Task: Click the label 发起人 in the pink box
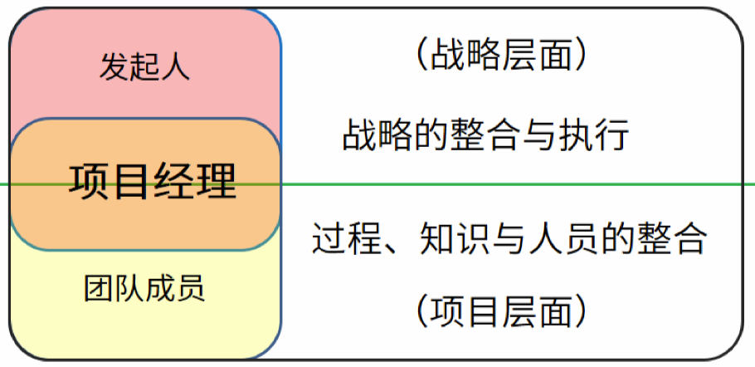(144, 66)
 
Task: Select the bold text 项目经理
(153, 180)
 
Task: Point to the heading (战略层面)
(501, 56)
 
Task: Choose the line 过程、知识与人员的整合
(509, 239)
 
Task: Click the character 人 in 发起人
(175, 66)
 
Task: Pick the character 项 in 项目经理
(89, 180)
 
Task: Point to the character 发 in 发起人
(114, 66)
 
